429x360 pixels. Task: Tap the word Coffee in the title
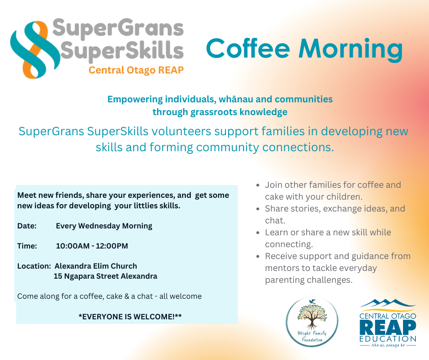click(x=248, y=49)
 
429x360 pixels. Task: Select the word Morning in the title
click(x=351, y=50)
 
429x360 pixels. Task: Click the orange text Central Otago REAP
click(x=136, y=70)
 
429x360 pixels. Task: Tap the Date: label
click(x=27, y=226)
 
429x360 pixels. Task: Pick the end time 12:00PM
click(x=112, y=246)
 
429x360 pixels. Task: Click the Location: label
click(x=34, y=266)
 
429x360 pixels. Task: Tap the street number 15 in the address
click(x=58, y=276)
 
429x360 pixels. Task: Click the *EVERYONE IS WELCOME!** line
click(x=130, y=317)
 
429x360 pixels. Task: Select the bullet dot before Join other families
click(x=258, y=185)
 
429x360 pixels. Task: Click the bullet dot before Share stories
click(x=258, y=209)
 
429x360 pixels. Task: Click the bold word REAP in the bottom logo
click(x=388, y=327)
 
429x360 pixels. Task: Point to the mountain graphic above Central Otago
click(x=388, y=303)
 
